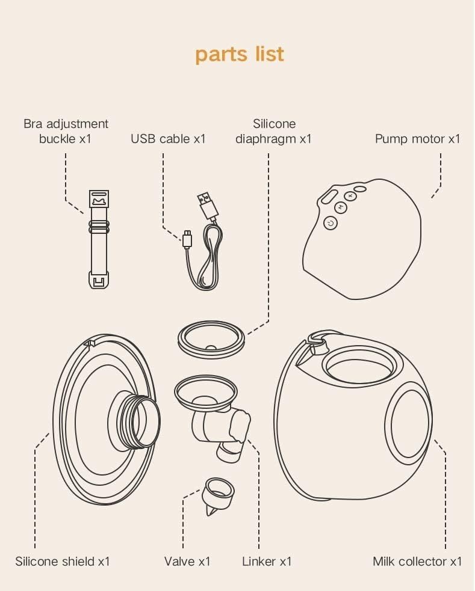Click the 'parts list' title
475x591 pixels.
(240, 54)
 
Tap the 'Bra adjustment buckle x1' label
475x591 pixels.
(66, 131)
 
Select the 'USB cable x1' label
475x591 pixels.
(168, 139)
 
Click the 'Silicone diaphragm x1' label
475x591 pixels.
(274, 131)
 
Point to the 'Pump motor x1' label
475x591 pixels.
(417, 139)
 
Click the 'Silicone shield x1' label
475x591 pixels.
(63, 562)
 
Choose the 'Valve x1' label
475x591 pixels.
(187, 562)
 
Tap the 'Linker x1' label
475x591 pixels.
(267, 562)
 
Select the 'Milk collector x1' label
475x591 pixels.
(417, 562)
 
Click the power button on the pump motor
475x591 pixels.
(331, 224)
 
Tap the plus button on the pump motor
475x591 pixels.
(349, 196)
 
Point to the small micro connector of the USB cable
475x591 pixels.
(188, 238)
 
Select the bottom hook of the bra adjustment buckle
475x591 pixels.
(99, 280)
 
